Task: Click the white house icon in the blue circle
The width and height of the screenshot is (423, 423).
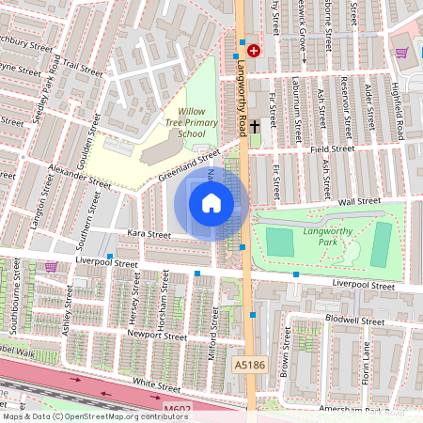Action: click(x=211, y=202)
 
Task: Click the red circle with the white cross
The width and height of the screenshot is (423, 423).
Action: click(x=254, y=50)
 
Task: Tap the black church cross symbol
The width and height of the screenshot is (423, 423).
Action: click(x=254, y=126)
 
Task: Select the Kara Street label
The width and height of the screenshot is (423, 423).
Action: click(x=145, y=234)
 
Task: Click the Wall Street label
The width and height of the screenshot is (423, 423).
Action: click(x=358, y=200)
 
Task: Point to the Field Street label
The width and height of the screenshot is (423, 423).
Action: click(x=333, y=149)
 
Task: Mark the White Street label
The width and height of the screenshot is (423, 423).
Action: click(x=156, y=384)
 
